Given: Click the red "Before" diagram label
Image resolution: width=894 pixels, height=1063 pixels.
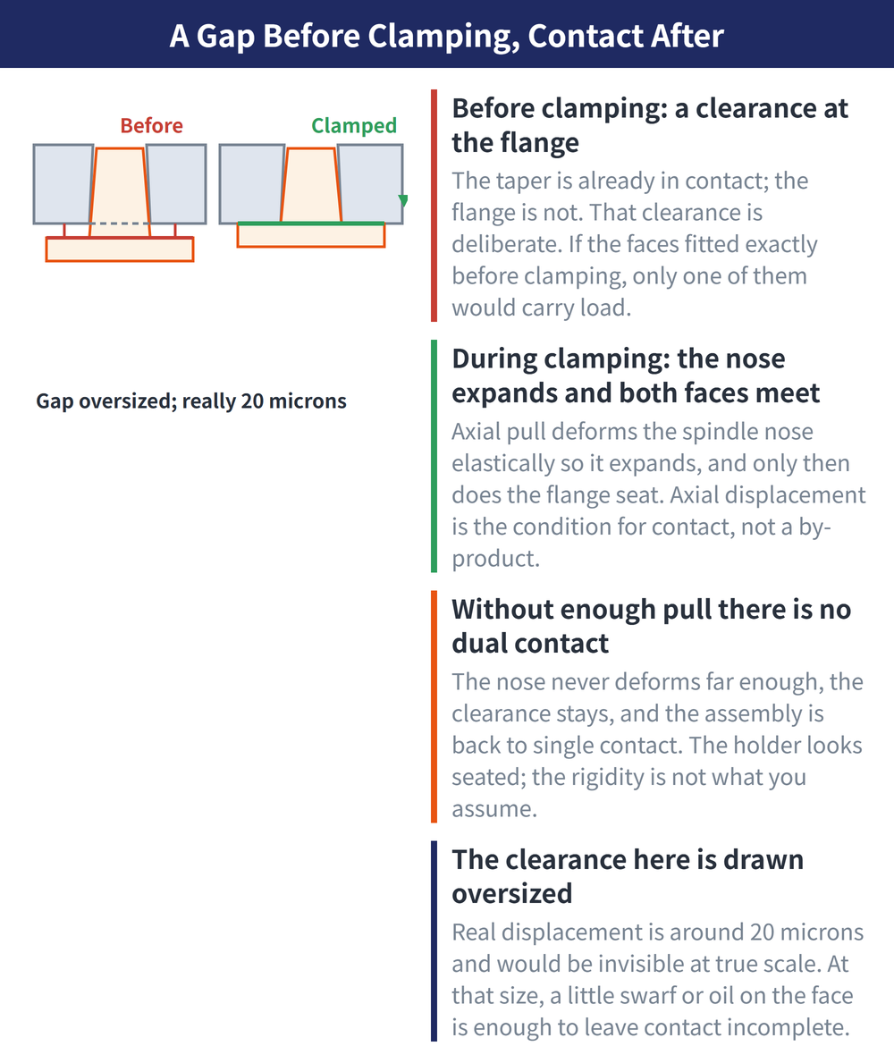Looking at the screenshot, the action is (151, 125).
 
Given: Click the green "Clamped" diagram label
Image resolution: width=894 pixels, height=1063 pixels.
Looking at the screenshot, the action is (354, 126).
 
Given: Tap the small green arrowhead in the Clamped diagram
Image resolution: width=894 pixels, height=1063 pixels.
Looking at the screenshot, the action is (402, 200).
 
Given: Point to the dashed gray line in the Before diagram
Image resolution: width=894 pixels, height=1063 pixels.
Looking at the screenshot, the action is (119, 223).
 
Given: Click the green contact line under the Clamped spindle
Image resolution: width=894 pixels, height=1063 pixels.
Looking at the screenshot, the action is (311, 223).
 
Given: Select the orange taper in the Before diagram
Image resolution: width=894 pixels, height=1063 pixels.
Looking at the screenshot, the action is (119, 192).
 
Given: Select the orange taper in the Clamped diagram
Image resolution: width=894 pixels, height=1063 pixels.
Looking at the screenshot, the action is (311, 184).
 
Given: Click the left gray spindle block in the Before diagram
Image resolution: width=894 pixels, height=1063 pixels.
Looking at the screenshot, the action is (63, 183).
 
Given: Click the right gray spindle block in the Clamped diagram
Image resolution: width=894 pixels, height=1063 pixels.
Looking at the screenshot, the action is (370, 183).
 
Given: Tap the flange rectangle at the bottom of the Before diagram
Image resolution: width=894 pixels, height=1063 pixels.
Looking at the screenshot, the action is (119, 249).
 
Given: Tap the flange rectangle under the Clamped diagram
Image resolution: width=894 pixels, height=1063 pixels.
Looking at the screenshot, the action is (311, 234).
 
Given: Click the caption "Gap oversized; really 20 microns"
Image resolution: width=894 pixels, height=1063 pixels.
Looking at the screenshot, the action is (191, 401).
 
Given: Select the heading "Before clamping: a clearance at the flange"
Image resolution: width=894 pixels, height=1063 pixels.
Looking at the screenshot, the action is (649, 125).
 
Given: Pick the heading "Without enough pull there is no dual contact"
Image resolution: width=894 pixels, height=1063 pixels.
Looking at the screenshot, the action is (651, 626).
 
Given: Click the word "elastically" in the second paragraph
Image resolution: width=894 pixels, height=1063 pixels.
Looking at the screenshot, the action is (507, 463).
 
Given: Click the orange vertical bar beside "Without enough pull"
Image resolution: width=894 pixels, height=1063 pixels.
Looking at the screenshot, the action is (434, 706).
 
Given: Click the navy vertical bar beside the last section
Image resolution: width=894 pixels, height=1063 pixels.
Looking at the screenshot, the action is (434, 941).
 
